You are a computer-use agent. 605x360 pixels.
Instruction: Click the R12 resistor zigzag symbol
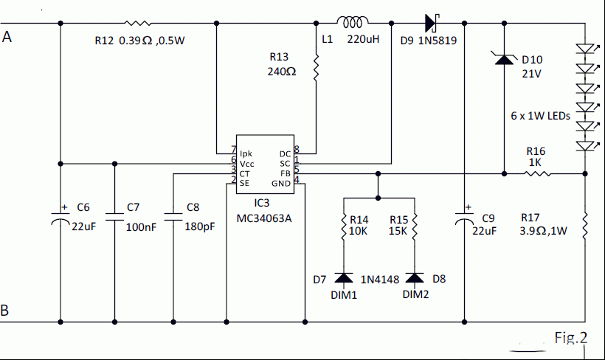(138, 23)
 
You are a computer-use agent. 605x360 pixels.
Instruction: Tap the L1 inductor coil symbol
(353, 22)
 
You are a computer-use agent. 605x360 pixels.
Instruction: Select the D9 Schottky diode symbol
(432, 23)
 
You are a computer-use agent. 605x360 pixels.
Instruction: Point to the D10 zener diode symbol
(504, 59)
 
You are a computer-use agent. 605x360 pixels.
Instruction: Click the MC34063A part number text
(264, 218)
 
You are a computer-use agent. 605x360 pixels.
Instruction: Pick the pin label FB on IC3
(285, 173)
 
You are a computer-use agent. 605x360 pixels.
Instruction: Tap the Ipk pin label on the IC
(246, 153)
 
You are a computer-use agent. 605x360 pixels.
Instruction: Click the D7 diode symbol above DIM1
(343, 278)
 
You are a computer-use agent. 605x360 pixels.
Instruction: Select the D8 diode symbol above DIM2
(415, 278)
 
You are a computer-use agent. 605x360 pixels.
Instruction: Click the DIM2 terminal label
(415, 294)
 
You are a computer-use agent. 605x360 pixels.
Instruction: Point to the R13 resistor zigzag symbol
(316, 68)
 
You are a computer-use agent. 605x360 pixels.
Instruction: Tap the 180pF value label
(199, 226)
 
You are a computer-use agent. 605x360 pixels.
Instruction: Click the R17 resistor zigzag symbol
(585, 226)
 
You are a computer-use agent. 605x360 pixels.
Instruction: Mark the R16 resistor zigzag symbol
(537, 174)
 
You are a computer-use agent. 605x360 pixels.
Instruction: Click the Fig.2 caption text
(571, 338)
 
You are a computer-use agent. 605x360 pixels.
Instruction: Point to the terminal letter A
(7, 37)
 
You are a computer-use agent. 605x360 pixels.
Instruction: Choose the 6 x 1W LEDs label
(540, 116)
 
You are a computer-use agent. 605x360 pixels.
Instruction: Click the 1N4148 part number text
(380, 280)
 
